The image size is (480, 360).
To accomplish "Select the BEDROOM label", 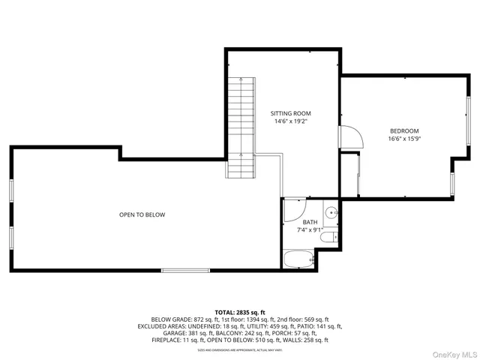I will point(403,130).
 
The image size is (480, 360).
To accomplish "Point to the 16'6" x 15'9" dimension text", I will point(403,139).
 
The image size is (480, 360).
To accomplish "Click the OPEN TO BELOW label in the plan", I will point(142,215).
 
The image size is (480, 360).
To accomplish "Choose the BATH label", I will point(310,222).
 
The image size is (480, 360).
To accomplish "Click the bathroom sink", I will point(331,210).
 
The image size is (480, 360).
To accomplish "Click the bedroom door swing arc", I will point(351,137).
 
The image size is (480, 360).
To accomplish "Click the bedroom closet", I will point(350,174).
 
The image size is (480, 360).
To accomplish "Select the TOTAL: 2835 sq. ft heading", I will point(240,311).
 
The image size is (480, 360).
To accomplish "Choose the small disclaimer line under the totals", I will point(240,349).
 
